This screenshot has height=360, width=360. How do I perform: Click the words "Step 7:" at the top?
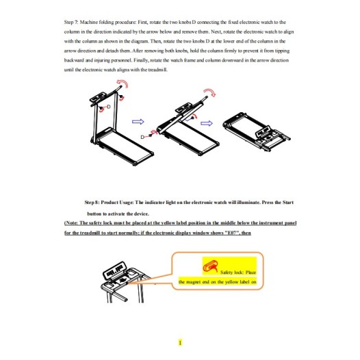[71, 23]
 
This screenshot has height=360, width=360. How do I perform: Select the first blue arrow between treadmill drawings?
[138, 122]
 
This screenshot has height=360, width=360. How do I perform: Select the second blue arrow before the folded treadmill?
[207, 123]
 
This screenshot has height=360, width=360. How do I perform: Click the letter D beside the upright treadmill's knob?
[109, 107]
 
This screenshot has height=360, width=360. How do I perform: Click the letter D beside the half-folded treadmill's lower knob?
[142, 137]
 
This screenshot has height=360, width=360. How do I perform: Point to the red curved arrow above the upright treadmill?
[123, 83]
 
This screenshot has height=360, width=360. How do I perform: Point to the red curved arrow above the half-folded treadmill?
[209, 92]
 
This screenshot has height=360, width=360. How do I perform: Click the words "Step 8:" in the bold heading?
[92, 203]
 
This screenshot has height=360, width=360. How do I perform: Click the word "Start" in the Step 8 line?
[288, 203]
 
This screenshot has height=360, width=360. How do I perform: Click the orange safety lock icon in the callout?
[210, 266]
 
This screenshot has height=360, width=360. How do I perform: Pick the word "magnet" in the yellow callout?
[193, 282]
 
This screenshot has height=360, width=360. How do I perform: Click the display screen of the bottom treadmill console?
[114, 269]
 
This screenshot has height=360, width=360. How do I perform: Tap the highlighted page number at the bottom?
[180, 343]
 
